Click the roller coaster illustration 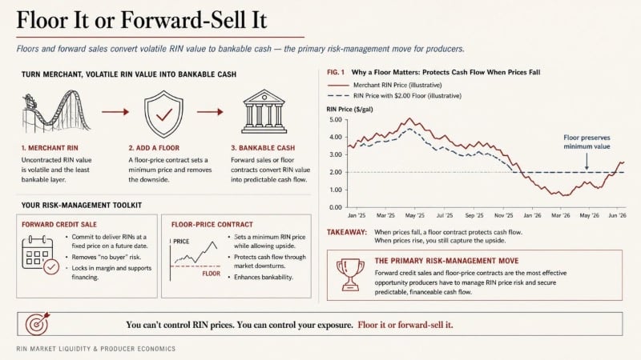[56, 112]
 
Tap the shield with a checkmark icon [163, 114]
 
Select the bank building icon [264, 111]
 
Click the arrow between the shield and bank [210, 112]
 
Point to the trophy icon [350, 274]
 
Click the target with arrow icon [38, 324]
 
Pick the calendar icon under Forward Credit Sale [40, 255]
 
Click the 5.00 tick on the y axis [335, 119]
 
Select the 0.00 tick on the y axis [335, 207]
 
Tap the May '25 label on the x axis [415, 215]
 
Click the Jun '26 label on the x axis [617, 215]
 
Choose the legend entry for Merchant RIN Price [385, 85]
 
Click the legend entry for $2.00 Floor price [394, 95]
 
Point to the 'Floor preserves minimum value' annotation [587, 142]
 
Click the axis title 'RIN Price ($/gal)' [349, 109]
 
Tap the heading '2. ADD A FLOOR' [154, 148]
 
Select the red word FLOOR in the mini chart [212, 274]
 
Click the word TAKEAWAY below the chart [347, 232]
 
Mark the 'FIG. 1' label [336, 72]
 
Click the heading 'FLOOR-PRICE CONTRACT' [212, 225]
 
